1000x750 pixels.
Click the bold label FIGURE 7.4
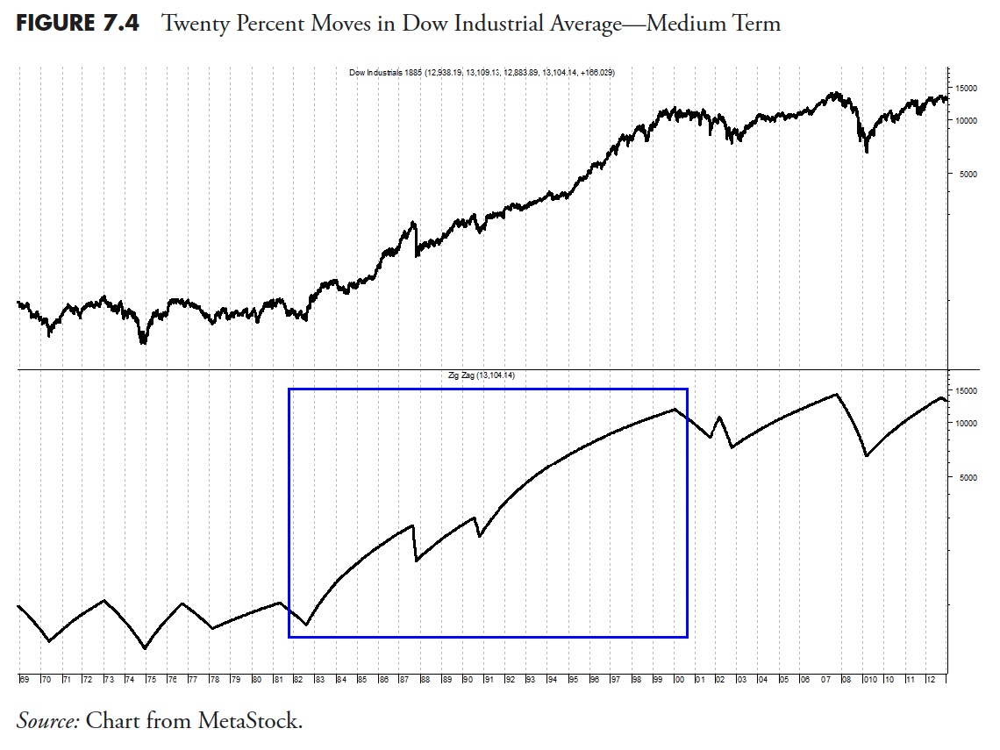[x=77, y=24]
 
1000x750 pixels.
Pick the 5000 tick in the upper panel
[x=962, y=174]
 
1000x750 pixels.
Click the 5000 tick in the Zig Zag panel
[x=962, y=477]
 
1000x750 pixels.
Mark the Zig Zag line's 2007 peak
[x=837, y=394]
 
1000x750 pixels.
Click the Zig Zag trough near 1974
[x=145, y=648]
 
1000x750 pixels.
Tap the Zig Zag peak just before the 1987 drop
[x=413, y=525]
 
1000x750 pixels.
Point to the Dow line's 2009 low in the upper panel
[x=867, y=152]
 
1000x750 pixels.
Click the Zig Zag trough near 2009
[x=867, y=456]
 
